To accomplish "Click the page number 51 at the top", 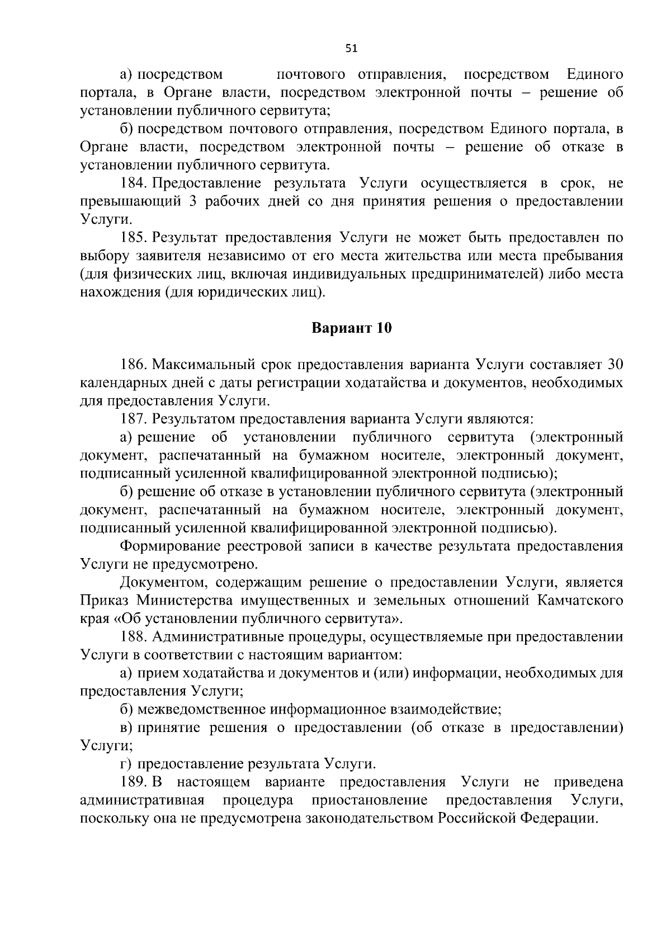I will pos(351,49).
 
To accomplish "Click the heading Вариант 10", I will pos(351,328).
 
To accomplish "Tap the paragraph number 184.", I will pos(134,184).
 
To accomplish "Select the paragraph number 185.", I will pos(134,238).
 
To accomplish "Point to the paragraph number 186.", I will pos(134,365).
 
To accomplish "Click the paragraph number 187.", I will pos(134,419).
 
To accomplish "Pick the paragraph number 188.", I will pos(134,637).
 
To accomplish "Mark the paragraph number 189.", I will pos(134,782).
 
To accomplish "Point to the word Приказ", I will pos(104,601).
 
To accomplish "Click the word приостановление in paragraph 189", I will pos(369,800).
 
